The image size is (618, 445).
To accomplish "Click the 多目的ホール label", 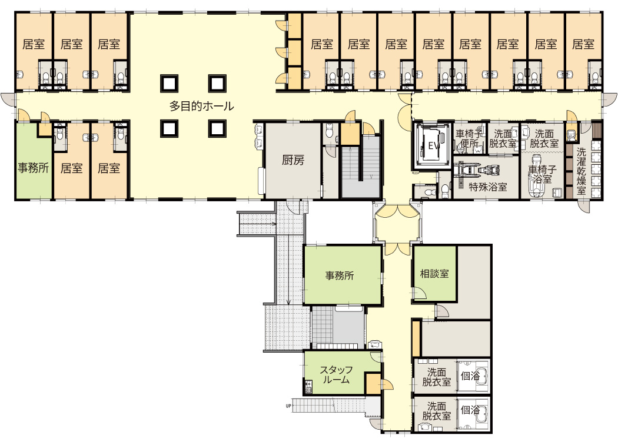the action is point(201,106).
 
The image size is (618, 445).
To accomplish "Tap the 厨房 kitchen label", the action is point(293,160).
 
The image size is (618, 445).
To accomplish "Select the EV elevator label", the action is point(434,146).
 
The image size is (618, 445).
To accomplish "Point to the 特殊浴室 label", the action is point(488,187).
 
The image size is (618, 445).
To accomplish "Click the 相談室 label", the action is point(434,274).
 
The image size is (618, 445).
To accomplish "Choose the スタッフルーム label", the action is point(336,375).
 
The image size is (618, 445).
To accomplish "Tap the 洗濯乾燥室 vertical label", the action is point(581,171).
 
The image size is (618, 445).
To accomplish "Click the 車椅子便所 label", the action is point(469,139).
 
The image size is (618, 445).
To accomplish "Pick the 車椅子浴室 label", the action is point(542,174).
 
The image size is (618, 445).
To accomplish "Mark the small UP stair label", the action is point(288,406).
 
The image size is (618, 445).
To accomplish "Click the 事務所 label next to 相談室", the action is point(340,275).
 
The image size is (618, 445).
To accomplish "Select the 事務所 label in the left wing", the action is point(33,168).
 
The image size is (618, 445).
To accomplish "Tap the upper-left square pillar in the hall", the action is point(170,83).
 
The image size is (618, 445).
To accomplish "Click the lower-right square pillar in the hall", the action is point(217,128).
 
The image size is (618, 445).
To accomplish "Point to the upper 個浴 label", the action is point(470,376).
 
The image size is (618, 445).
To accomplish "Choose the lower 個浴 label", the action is point(470,410).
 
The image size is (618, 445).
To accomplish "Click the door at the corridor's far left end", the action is point(7,99).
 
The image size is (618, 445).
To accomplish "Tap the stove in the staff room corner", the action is point(308,387).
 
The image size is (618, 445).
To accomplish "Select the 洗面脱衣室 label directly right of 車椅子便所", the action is point(503,139).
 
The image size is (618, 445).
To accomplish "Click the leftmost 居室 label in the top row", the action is point(34,44).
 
